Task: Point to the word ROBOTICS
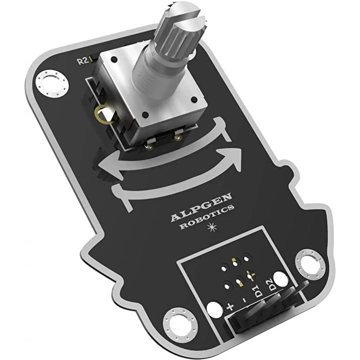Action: click(207, 219)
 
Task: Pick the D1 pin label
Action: click(258, 291)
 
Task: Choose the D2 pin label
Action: click(271, 284)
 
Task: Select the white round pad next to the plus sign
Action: click(214, 307)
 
